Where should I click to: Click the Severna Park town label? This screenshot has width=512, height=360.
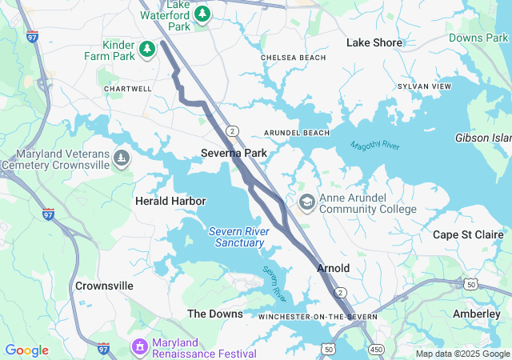tap(234, 152)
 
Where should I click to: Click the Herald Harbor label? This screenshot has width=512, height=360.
tap(170, 201)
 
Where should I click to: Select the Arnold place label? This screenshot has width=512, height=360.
tap(333, 268)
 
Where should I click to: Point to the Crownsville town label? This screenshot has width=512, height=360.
tap(104, 286)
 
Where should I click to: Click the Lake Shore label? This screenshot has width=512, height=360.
tap(374, 42)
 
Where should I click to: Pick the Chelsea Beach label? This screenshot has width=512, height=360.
tap(294, 58)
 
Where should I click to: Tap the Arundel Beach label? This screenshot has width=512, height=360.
tap(297, 133)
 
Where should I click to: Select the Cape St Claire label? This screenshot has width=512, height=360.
tap(466, 234)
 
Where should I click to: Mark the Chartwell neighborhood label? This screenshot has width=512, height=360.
tap(128, 89)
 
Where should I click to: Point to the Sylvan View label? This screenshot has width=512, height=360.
tap(424, 86)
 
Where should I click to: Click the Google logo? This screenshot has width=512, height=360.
tap(27, 350)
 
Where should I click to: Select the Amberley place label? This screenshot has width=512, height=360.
tap(476, 314)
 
